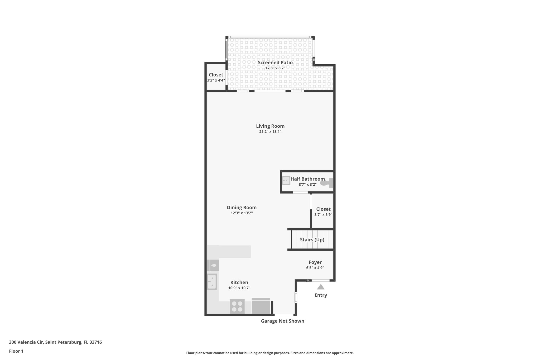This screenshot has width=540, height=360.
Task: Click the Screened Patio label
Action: (275, 63)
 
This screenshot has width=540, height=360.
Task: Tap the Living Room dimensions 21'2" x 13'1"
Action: (270, 132)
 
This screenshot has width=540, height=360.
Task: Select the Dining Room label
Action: (242, 208)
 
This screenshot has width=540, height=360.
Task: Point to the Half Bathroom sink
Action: (286, 181)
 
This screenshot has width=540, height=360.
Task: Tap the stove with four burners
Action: (237, 306)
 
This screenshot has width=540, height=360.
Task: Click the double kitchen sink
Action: (212, 282)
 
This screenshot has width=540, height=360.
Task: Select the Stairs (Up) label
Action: (312, 240)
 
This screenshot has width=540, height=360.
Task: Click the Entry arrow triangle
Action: (321, 287)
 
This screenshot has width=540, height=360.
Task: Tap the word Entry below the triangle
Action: (321, 295)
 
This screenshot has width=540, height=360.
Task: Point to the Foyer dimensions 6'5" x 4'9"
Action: (315, 268)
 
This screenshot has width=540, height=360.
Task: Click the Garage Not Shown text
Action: (282, 321)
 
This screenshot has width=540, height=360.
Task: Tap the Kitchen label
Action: (239, 282)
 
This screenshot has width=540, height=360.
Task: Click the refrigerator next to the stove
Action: (261, 306)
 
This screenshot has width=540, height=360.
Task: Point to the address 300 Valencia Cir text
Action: (55, 342)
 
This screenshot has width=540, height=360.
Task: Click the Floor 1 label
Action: (16, 351)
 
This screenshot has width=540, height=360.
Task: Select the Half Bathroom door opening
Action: (300, 192)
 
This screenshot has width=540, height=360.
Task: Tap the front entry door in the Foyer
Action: (320, 280)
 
